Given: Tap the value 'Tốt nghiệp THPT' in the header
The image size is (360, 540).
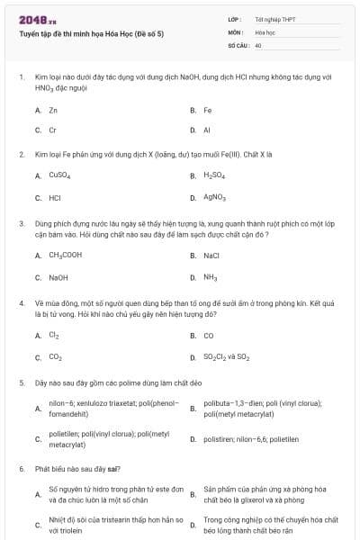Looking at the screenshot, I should point(274,18).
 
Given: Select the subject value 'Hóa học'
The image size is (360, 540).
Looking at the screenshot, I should point(265,31).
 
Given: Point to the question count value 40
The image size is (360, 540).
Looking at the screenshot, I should point(258,44).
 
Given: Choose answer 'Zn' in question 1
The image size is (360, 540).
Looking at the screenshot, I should point(53,110).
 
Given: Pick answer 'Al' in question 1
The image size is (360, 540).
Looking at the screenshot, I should point(207,130).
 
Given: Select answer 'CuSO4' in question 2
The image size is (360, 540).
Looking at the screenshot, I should point(58,175).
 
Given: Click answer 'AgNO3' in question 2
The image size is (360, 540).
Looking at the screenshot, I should point(214,197).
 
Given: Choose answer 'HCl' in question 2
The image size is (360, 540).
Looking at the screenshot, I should point(55,197).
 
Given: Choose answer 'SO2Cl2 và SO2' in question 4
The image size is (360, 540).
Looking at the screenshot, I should point(226,357).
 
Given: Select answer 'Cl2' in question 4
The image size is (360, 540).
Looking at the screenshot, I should point(54,336).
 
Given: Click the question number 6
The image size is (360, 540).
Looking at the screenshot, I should point(21,469).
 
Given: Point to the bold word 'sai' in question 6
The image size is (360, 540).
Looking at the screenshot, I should point(112,469).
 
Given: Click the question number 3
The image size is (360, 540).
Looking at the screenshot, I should point(21,221).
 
